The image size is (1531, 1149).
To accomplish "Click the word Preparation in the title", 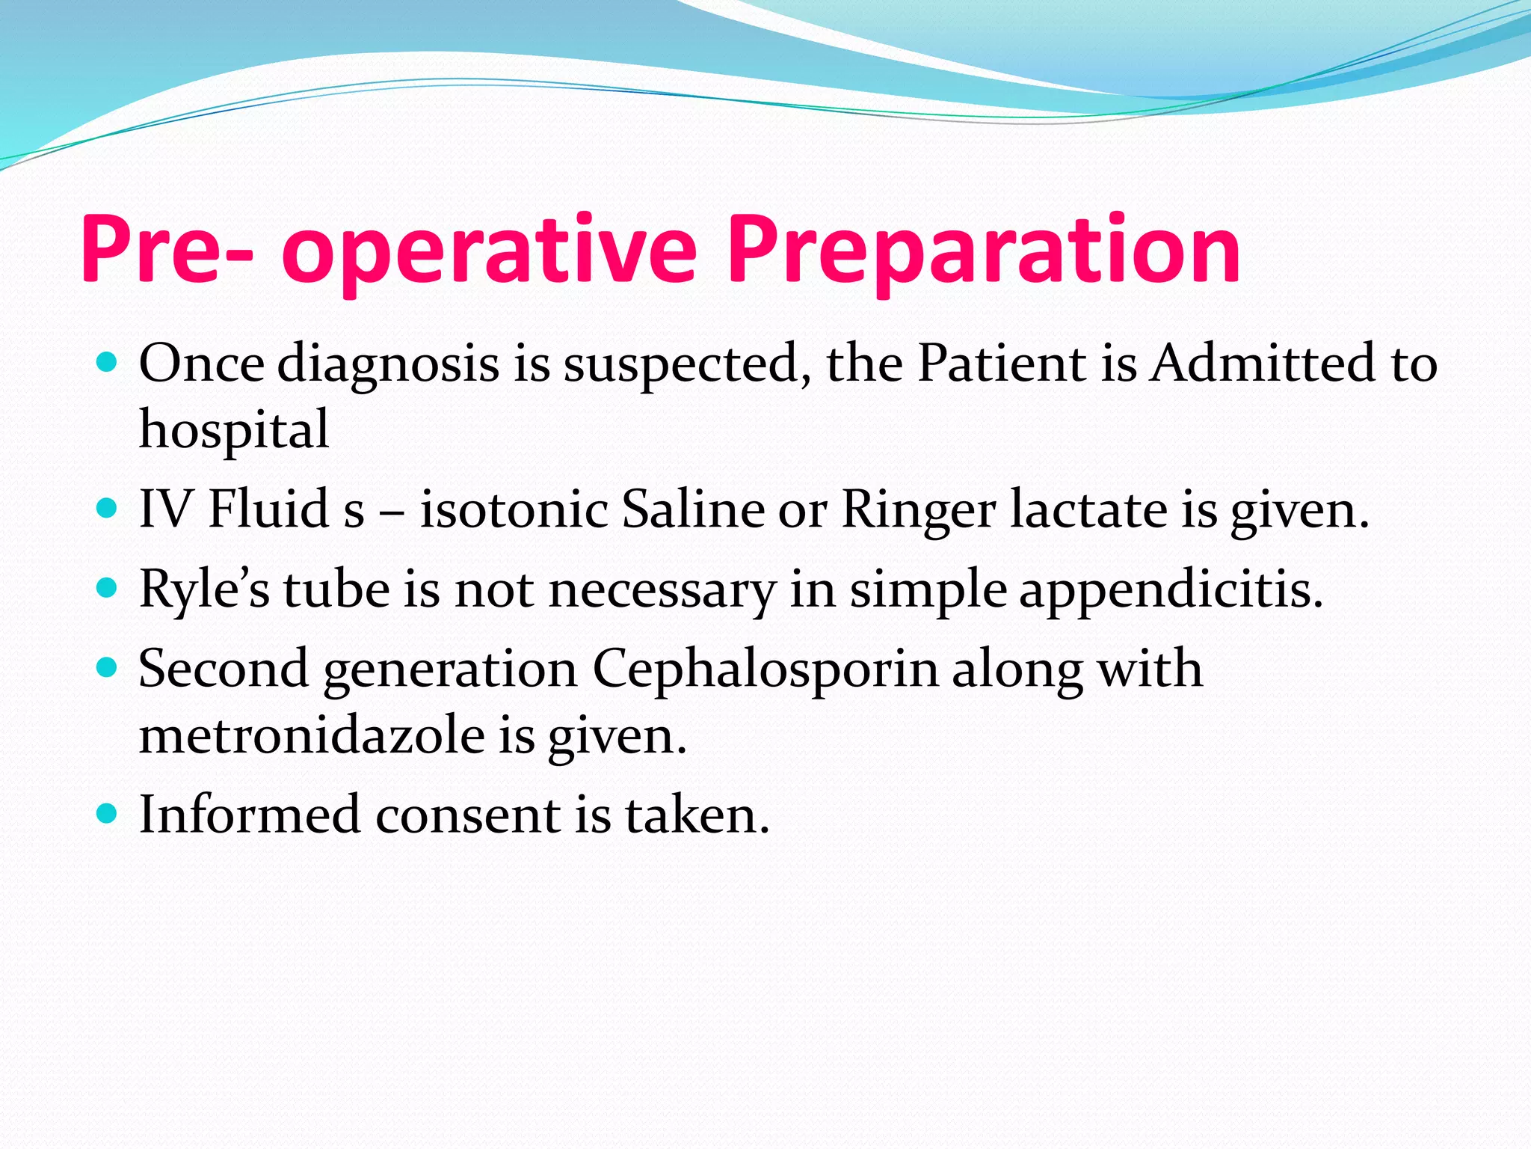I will [985, 251].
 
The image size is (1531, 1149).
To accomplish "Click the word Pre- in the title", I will [167, 251].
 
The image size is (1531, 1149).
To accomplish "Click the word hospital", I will [234, 430].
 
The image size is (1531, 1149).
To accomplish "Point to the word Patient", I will [1002, 364].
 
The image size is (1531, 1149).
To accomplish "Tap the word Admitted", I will [1263, 364].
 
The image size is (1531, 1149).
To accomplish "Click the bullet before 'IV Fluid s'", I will [108, 509].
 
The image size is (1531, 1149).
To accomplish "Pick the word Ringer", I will [919, 511].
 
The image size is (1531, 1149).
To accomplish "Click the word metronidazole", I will [312, 735].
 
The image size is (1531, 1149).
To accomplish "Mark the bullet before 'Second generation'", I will [108, 667].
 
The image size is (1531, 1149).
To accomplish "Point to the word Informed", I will [249, 814].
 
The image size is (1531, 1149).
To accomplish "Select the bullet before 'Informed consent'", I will [108, 813].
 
